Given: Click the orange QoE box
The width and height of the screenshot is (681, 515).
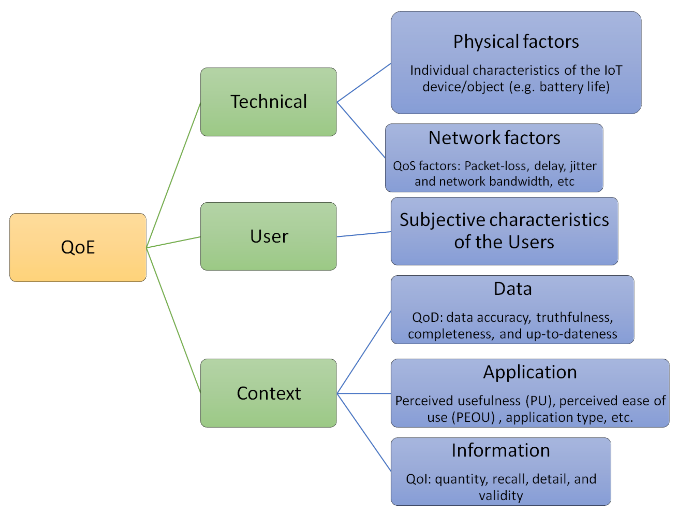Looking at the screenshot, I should (78, 247).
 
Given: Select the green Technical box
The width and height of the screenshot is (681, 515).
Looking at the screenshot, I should (269, 102).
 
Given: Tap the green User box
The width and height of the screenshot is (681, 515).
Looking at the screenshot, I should (269, 237).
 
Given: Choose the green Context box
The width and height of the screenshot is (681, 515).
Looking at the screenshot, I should (269, 393).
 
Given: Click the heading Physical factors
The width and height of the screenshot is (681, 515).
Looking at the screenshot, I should (516, 42).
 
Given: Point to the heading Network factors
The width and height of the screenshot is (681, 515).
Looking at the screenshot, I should (494, 138).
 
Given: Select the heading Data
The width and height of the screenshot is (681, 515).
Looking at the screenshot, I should (513, 289).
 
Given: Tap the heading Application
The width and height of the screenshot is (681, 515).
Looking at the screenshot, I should (530, 372).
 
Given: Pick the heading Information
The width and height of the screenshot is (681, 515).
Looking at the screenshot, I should (501, 450).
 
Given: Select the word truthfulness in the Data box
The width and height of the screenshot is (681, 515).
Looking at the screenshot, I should (574, 317).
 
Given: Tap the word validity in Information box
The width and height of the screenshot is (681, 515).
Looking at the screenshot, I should (501, 496).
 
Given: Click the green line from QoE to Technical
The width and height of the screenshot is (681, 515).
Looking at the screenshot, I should (173, 175).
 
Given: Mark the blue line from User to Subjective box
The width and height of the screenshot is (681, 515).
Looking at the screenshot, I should (364, 234).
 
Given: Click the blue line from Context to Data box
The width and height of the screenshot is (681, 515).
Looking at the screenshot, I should (364, 352).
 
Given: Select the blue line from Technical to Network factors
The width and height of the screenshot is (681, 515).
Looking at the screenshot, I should (361, 130).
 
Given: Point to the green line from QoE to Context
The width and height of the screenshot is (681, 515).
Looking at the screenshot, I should (173, 320).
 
